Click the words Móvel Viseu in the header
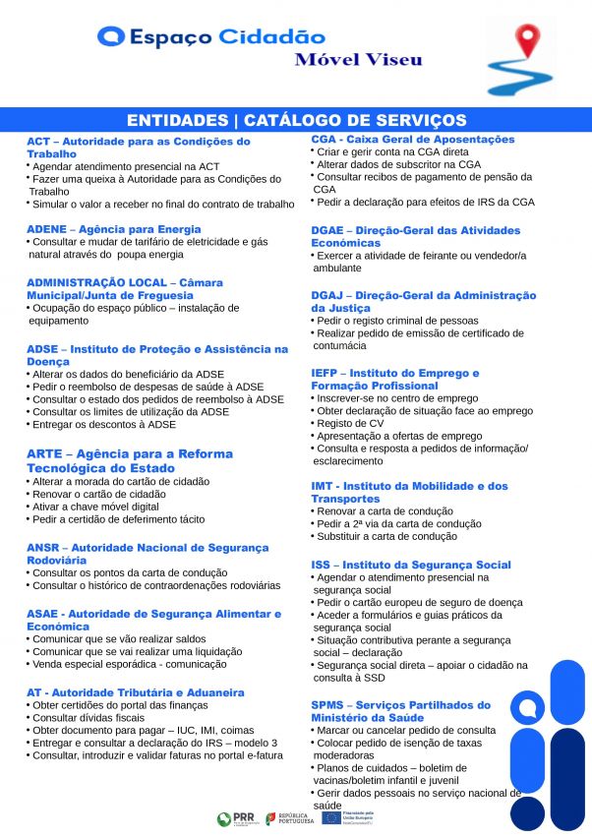pyautogui.click(x=359, y=60)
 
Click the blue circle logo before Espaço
pyautogui.click(x=111, y=37)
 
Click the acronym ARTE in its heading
pyautogui.click(x=44, y=454)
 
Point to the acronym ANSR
pyautogui.click(x=42, y=548)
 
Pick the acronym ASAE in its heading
pyautogui.click(x=43, y=614)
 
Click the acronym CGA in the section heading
pyautogui.click(x=324, y=140)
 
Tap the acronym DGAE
pyautogui.click(x=328, y=230)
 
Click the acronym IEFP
pyautogui.click(x=326, y=374)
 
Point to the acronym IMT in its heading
pyautogui.click(x=322, y=486)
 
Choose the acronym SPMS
pyautogui.click(x=327, y=705)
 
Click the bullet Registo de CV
pyautogui.click(x=350, y=423)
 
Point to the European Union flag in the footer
pyautogui.click(x=330, y=818)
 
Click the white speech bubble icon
pyautogui.click(x=528, y=708)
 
